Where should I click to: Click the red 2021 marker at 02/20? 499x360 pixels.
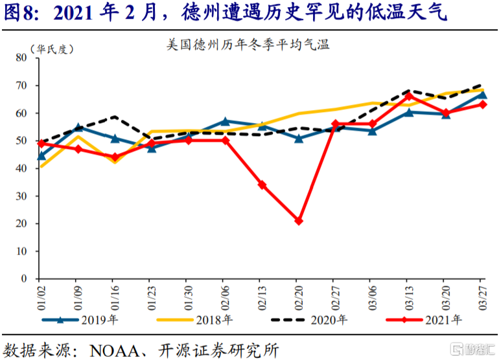(x=299, y=221)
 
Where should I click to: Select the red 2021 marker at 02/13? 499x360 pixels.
(x=262, y=185)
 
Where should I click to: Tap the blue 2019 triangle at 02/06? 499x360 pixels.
(x=225, y=121)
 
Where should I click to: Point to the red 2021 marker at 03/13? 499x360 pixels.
(x=409, y=96)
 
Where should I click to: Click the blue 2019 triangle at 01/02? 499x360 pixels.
(x=41, y=155)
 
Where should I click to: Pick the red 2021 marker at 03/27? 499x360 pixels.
(x=483, y=104)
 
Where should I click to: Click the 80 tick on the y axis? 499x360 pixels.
(x=20, y=58)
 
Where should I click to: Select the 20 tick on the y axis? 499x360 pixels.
(x=20, y=223)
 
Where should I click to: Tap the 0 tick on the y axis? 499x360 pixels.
(x=23, y=279)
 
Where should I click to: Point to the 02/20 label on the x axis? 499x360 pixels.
(x=299, y=297)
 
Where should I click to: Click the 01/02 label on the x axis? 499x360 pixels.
(x=41, y=297)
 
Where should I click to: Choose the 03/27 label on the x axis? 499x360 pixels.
(x=483, y=297)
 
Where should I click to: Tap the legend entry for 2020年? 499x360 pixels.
(x=311, y=320)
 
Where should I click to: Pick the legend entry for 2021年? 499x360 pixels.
(x=425, y=320)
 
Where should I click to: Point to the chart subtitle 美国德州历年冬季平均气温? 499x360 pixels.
(x=249, y=45)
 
